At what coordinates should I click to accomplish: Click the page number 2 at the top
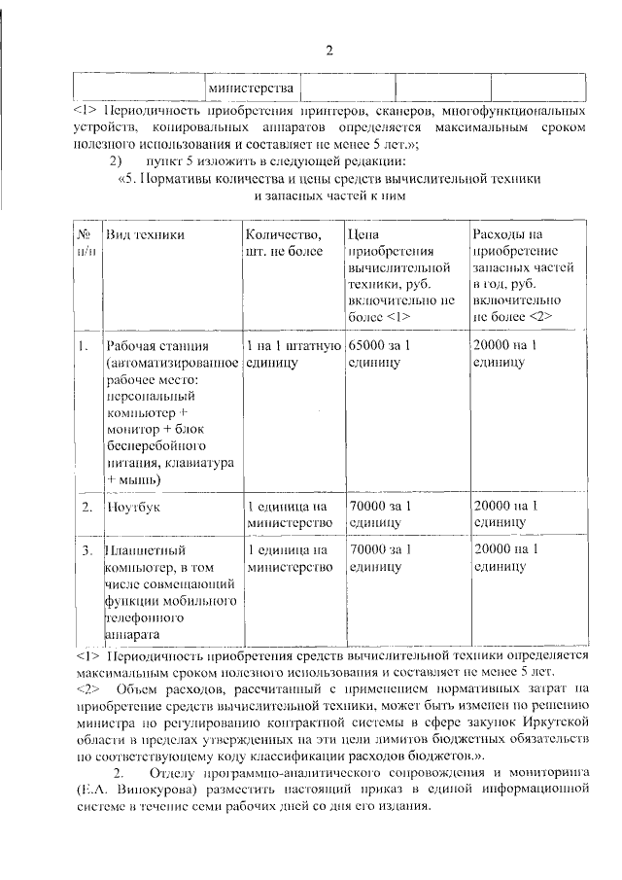329,50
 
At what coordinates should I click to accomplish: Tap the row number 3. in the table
86,550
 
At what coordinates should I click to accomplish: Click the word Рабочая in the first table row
133,346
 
